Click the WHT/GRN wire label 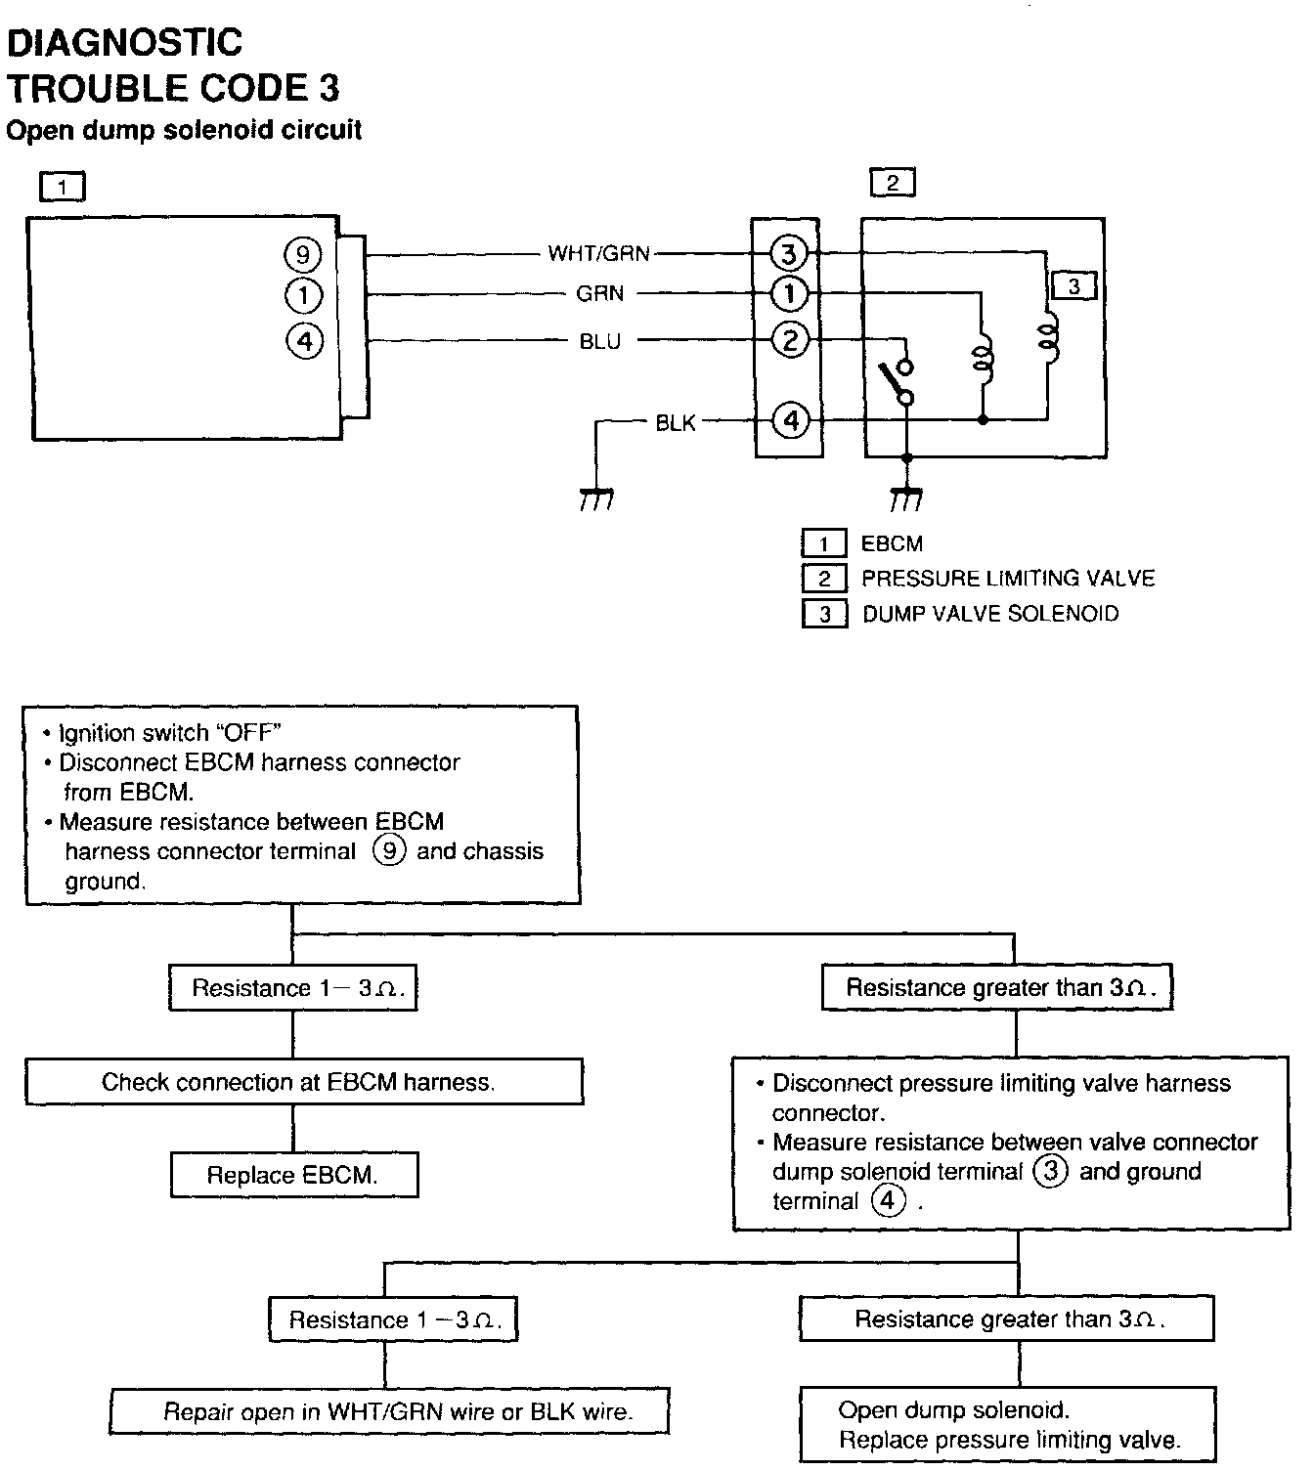[x=598, y=254]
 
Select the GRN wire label [x=599, y=293]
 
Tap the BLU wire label [x=599, y=341]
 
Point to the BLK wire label [x=676, y=422]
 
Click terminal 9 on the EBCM [x=303, y=255]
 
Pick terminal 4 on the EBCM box [x=304, y=341]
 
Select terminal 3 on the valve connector [x=788, y=254]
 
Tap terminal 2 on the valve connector [x=790, y=340]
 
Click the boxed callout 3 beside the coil [x=1073, y=286]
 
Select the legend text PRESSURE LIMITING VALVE [x=1008, y=579]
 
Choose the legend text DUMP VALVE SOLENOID [x=990, y=614]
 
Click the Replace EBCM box [x=293, y=1175]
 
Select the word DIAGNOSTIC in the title [x=125, y=43]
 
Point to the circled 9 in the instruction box [x=389, y=850]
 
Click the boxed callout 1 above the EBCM [x=63, y=186]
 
